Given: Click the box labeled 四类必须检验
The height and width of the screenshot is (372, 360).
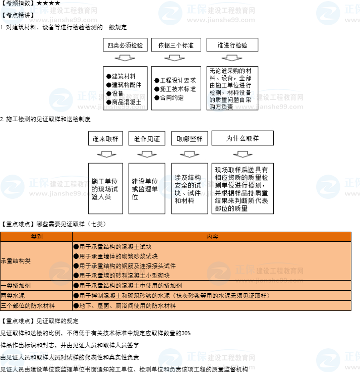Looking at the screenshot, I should [126, 45].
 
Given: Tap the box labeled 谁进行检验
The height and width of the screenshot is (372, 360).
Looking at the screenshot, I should [232, 45].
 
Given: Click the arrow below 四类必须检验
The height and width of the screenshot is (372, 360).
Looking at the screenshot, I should [126, 58].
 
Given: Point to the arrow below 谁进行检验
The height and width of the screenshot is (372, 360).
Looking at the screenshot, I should [232, 58].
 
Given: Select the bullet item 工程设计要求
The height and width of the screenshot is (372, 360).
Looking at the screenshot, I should [175, 80].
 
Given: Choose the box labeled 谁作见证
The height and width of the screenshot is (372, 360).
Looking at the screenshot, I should [147, 138].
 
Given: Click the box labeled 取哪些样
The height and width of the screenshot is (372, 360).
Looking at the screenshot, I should [190, 138].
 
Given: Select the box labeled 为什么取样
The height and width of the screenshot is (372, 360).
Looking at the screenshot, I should [243, 138].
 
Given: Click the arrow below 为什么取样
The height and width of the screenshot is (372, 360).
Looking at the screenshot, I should [243, 153].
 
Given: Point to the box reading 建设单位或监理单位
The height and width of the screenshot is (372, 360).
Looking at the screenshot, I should [147, 188].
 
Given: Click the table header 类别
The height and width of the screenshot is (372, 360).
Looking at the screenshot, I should [36, 236].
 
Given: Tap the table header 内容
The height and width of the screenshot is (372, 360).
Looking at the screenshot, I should [212, 236].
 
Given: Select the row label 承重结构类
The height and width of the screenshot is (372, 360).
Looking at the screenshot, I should [16, 261].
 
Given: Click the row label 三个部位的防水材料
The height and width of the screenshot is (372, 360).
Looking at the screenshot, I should [28, 305].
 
